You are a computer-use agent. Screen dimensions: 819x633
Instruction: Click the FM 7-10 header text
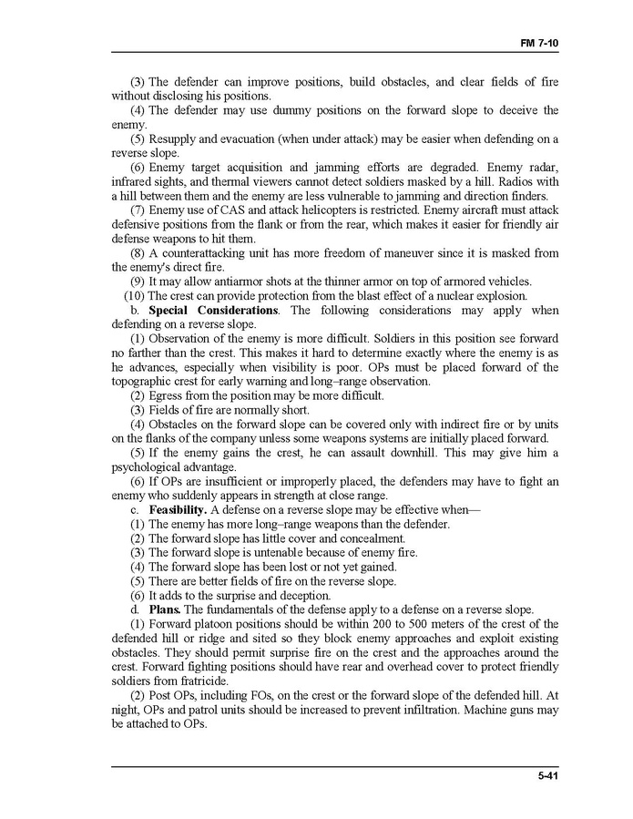click(x=539, y=44)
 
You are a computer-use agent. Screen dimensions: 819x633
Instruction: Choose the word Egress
click(x=168, y=395)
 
